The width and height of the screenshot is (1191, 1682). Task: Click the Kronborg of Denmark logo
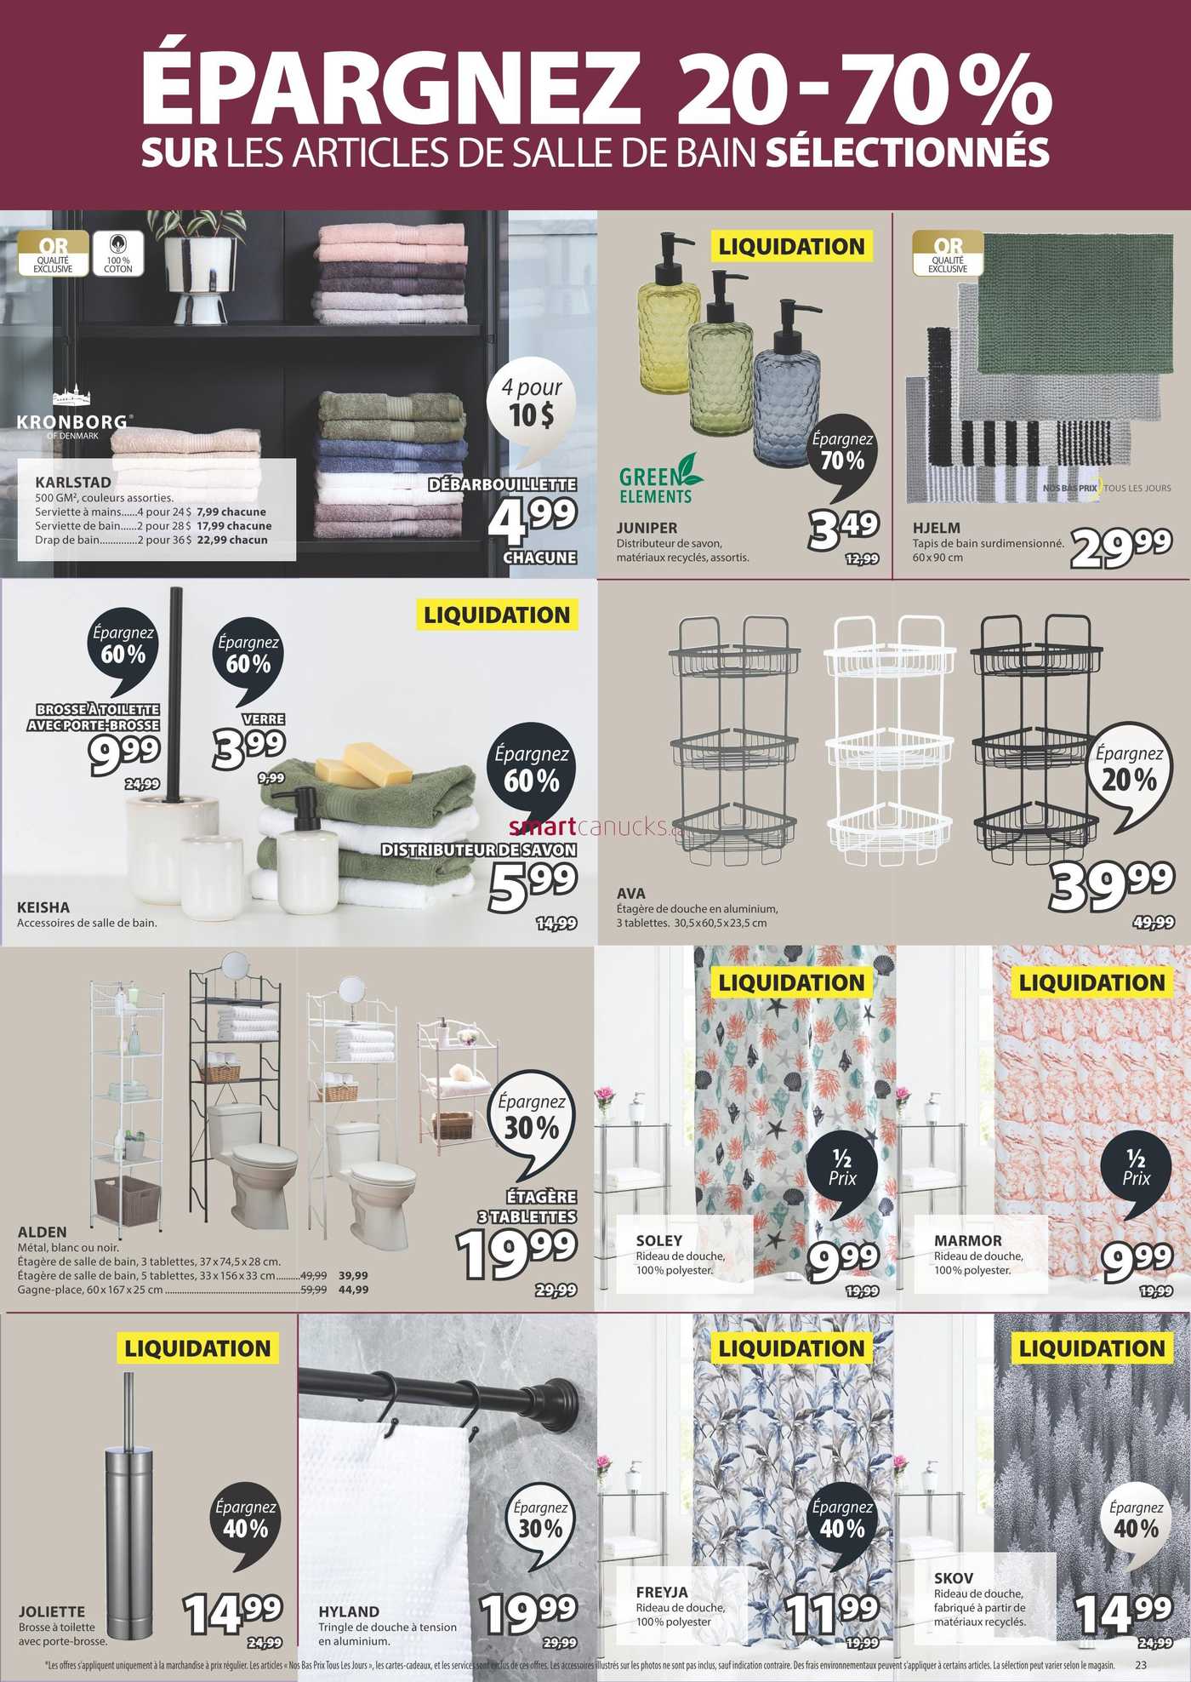pyautogui.click(x=73, y=415)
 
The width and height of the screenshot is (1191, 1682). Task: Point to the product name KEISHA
pyautogui.click(x=43, y=907)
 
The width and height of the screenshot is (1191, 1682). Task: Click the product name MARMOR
pyautogui.click(x=968, y=1241)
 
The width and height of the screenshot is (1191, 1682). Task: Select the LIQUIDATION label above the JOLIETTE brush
pyautogui.click(x=197, y=1348)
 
